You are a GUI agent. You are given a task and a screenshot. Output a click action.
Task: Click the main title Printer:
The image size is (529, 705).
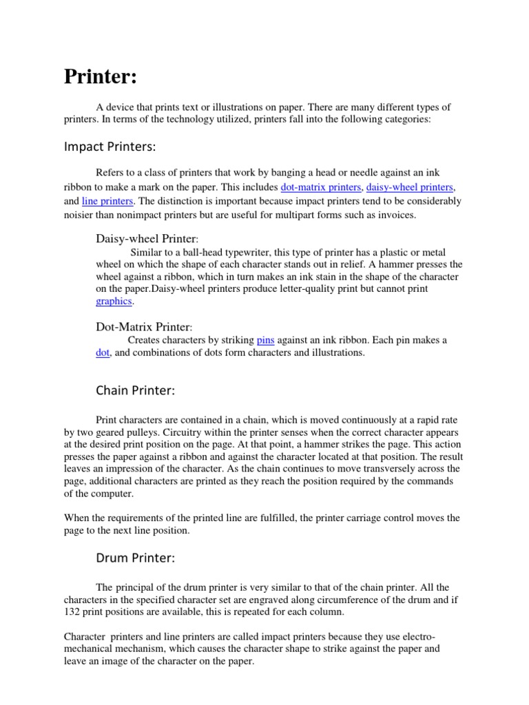tap(101, 76)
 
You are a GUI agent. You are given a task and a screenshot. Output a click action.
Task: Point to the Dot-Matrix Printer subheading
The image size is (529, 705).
tap(143, 326)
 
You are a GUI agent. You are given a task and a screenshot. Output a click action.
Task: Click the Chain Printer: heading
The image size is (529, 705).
tap(135, 390)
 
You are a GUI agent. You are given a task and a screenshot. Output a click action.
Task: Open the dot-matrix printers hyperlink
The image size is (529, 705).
tap(320, 187)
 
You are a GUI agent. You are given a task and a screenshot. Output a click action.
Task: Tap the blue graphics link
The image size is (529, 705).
tap(114, 302)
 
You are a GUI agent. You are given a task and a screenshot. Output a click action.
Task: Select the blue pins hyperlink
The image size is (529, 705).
tap(265, 340)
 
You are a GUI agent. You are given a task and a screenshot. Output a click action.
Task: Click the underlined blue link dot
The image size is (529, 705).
tap(103, 352)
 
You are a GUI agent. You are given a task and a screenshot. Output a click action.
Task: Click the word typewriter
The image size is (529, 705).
tap(235, 251)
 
